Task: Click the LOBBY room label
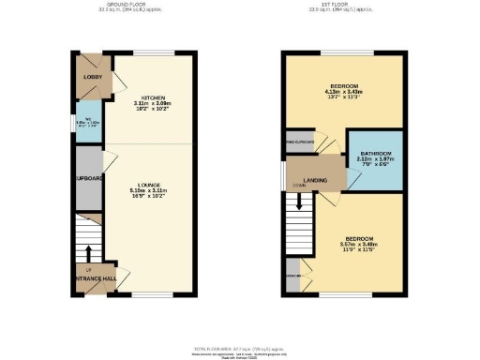[x=93, y=76]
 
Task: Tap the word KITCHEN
[x=153, y=97]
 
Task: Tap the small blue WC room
[x=88, y=124]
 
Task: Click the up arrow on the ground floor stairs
[x=89, y=252]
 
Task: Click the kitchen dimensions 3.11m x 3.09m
[x=153, y=104]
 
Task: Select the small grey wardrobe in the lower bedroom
[x=293, y=276]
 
